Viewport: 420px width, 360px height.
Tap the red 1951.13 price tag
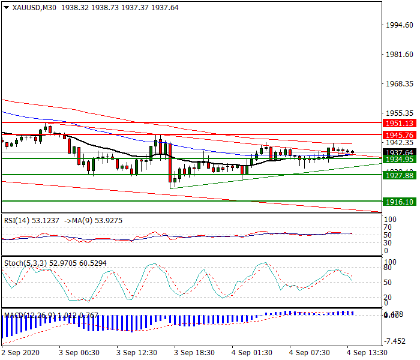click(398, 122)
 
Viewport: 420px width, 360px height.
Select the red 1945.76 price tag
click(398, 135)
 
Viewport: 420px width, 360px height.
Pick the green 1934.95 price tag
click(398, 159)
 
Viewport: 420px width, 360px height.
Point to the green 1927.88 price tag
click(398, 175)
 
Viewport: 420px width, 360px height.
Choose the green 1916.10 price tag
click(398, 202)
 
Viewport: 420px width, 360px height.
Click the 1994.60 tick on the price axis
click(399, 25)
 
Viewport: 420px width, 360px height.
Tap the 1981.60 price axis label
click(399, 55)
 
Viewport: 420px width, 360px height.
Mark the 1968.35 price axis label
click(399, 83)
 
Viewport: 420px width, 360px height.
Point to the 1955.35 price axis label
click(399, 113)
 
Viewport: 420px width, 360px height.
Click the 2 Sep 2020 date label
click(20, 352)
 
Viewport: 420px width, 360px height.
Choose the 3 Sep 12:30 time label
click(137, 352)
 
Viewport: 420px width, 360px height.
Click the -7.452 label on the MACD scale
click(396, 341)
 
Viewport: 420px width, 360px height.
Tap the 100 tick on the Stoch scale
click(391, 262)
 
